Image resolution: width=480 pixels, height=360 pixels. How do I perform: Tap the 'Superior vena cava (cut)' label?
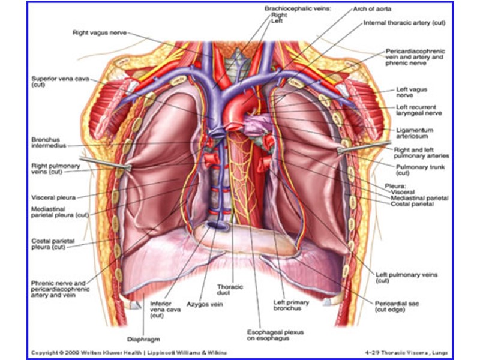click(57, 82)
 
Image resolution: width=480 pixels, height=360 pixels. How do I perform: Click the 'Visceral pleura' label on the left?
click(55, 196)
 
